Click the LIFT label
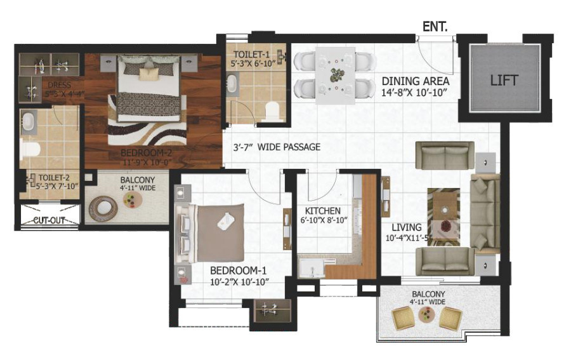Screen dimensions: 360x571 coord(504,81)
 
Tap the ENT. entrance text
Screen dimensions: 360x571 coord(436,27)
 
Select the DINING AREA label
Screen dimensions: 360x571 coord(415,81)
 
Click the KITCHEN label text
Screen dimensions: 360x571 coord(322,211)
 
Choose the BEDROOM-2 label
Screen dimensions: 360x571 coord(147,153)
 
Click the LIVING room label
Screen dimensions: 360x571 coord(406,227)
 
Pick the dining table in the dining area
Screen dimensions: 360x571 coord(336,74)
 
